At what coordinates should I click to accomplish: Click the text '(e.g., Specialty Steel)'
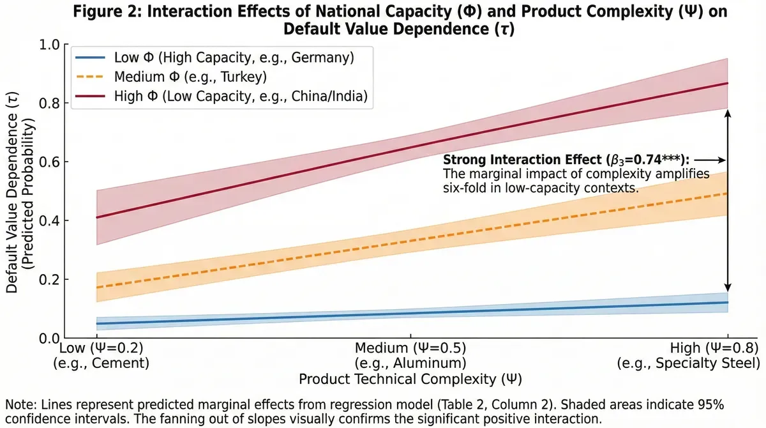click(x=688, y=363)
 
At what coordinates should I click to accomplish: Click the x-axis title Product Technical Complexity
click(x=411, y=379)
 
